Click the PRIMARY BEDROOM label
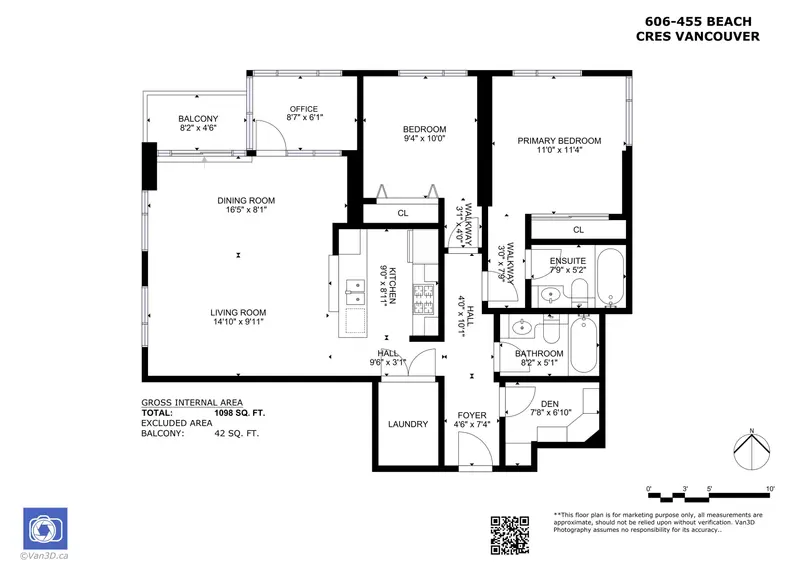click(x=559, y=141)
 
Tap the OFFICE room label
click(x=303, y=109)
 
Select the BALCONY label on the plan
click(x=197, y=119)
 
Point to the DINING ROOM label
click(x=246, y=201)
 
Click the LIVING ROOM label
click(x=246, y=312)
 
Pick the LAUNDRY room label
click(x=408, y=424)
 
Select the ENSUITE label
click(x=567, y=261)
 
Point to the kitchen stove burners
click(x=424, y=298)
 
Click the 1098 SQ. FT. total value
click(x=236, y=412)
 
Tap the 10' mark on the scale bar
click(x=770, y=488)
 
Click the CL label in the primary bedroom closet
click(x=578, y=230)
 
